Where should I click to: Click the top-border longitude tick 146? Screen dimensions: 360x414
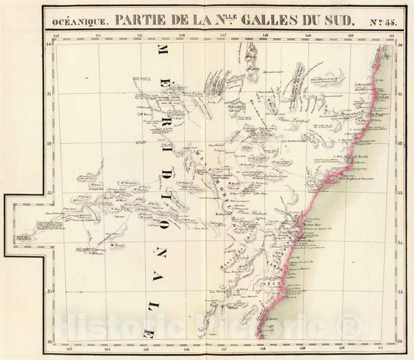(x=182, y=36)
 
